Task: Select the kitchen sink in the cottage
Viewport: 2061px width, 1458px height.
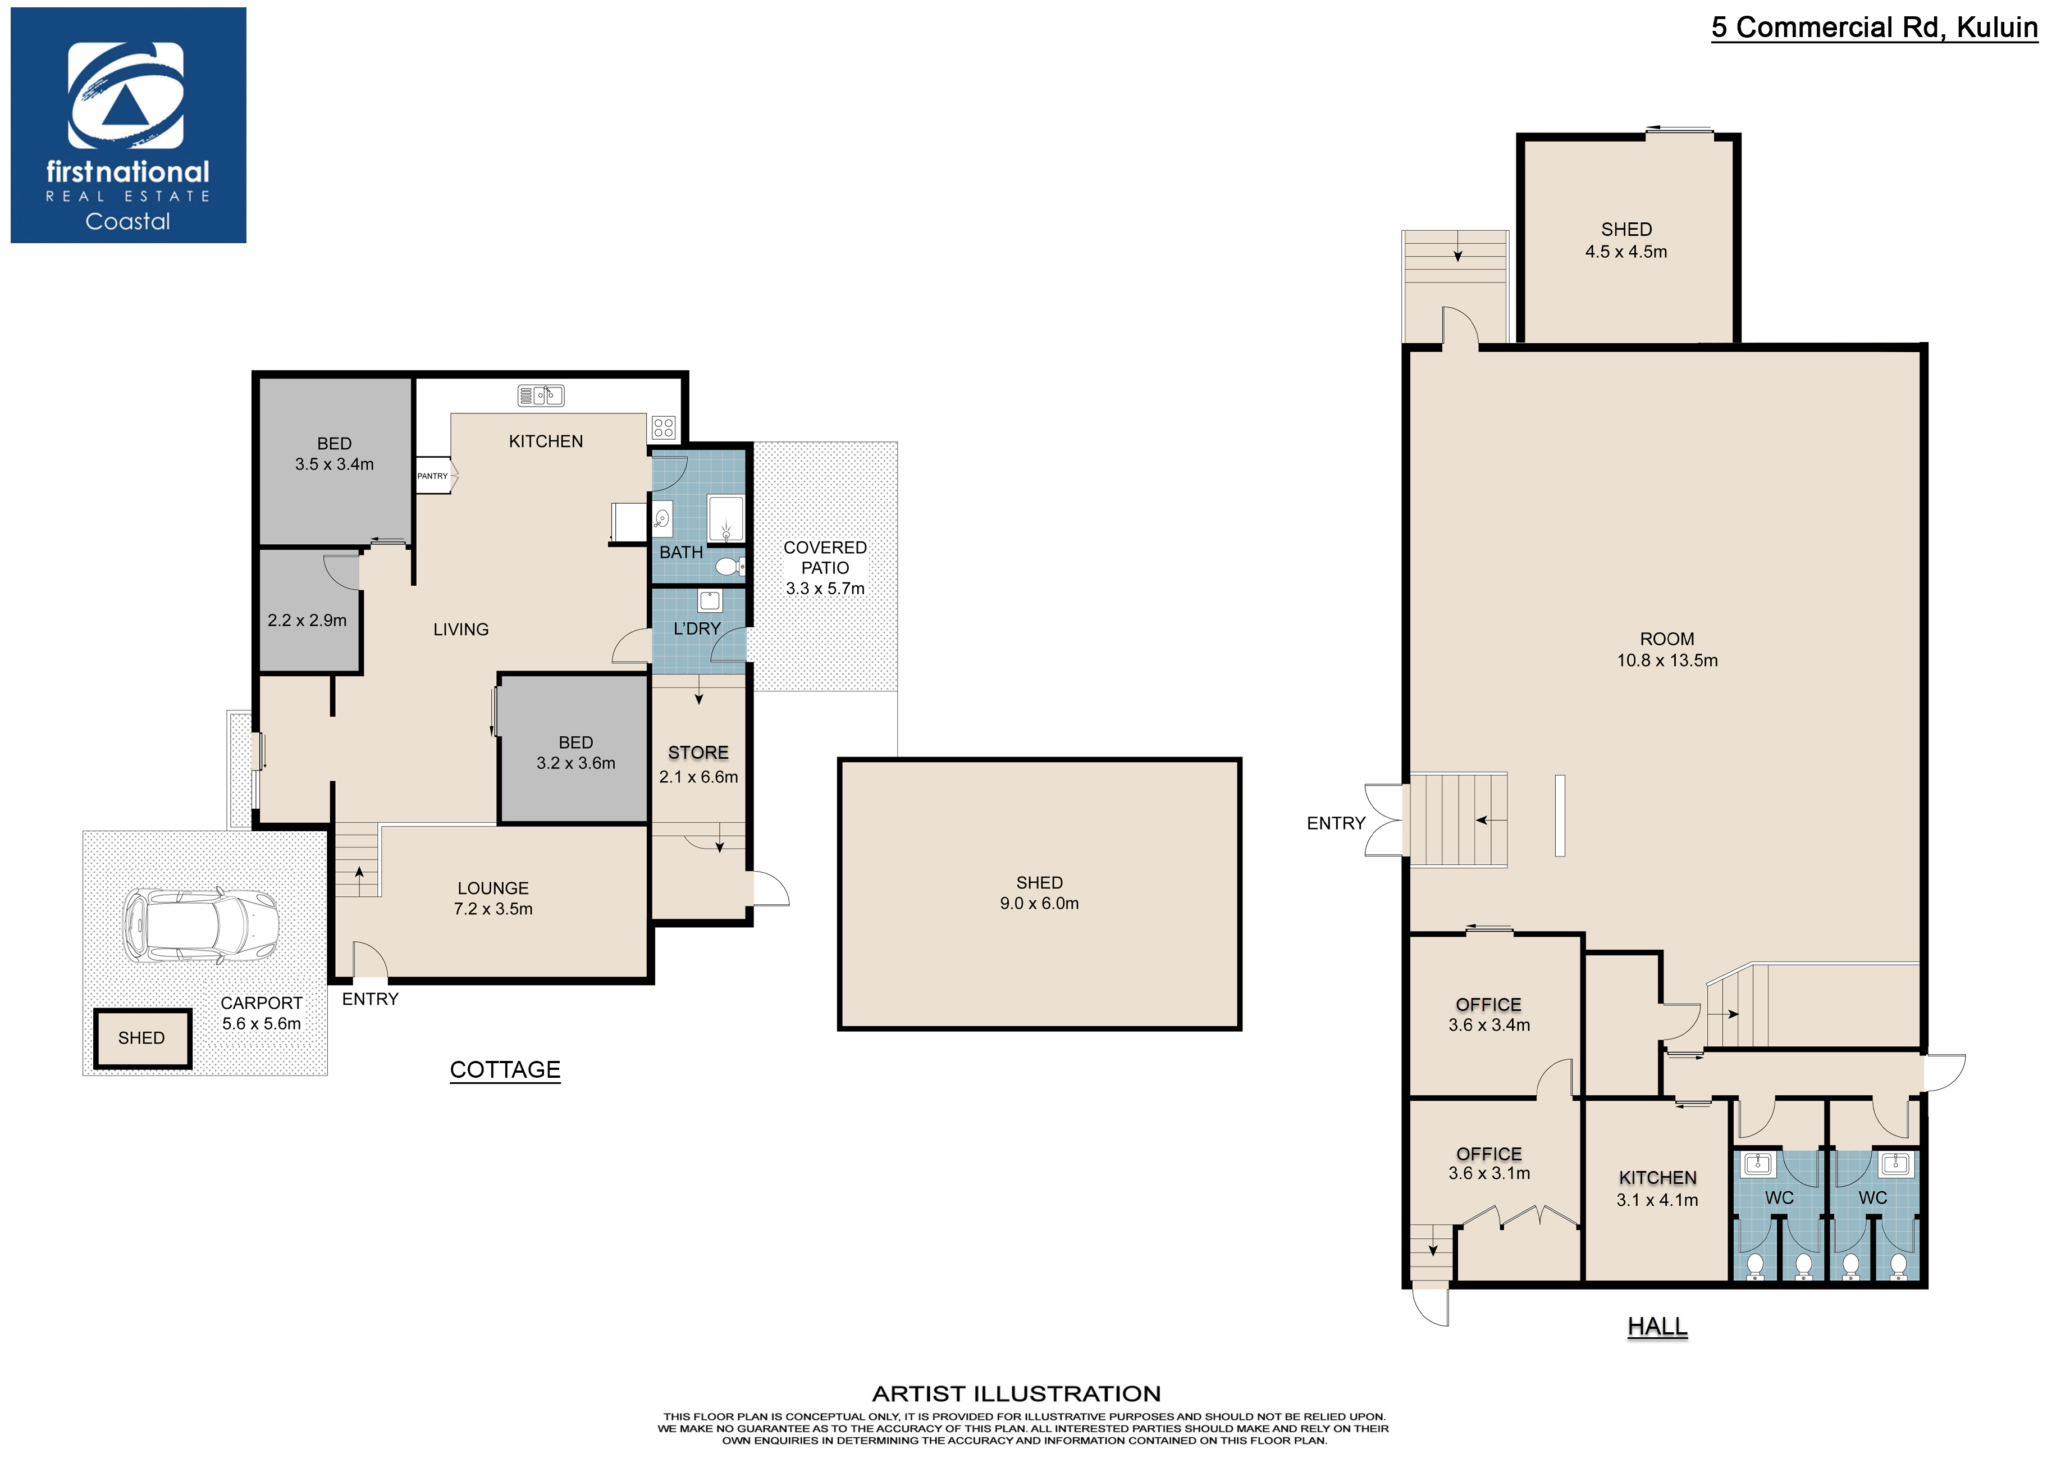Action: (x=541, y=395)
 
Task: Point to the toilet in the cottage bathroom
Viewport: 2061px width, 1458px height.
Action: (x=730, y=567)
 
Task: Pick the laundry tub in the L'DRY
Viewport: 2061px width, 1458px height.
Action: (x=710, y=600)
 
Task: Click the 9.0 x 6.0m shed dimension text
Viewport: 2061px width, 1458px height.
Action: (x=1039, y=904)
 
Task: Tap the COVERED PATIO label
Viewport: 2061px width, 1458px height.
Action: (x=825, y=558)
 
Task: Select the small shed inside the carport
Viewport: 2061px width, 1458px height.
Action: (x=143, y=1038)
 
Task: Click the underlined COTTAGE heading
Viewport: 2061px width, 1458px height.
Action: (x=505, y=1069)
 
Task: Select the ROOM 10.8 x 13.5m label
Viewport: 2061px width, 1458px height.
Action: (x=1667, y=650)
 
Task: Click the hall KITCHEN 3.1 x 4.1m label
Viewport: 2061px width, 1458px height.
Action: (x=1657, y=1188)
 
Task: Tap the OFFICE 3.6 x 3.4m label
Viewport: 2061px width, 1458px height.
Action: (x=1489, y=1014)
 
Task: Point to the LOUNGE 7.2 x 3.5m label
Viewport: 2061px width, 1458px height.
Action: (x=493, y=899)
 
